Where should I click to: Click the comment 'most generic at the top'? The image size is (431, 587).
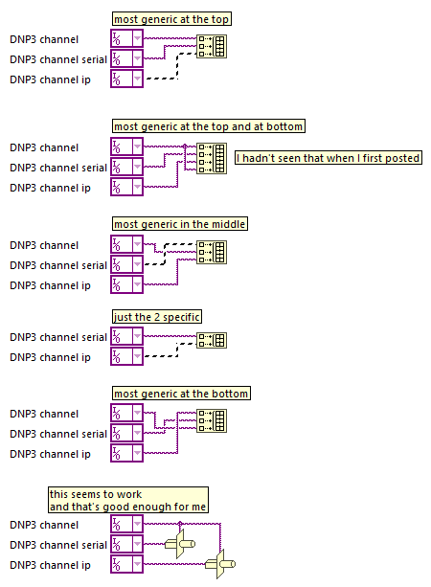point(171,19)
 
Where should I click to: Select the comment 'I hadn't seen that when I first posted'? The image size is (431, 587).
point(329,158)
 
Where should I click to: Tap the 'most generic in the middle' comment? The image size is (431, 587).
point(180,224)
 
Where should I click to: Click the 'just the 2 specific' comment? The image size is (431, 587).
point(157,317)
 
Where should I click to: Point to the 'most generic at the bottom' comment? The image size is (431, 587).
point(181,393)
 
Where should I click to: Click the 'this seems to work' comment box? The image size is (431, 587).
point(128,500)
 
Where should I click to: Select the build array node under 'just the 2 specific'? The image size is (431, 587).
point(212,340)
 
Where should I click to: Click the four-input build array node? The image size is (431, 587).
point(212,158)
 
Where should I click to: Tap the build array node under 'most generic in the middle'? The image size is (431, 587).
point(212,252)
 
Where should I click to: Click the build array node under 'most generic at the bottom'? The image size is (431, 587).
point(212,420)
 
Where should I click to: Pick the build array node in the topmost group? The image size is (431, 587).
point(212,46)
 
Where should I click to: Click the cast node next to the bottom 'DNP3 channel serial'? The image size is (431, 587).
point(180,544)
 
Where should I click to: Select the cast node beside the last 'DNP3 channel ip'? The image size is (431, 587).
point(220,564)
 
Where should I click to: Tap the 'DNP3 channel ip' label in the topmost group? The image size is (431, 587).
point(50,79)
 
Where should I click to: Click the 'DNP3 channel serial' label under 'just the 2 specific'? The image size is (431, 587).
point(58,337)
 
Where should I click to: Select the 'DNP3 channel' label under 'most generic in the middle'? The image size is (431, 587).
point(44,245)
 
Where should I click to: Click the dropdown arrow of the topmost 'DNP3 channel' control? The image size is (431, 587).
point(137,38)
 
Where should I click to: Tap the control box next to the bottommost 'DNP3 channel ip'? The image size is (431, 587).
point(127,564)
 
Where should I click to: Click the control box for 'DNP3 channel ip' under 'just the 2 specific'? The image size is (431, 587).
point(127,356)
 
